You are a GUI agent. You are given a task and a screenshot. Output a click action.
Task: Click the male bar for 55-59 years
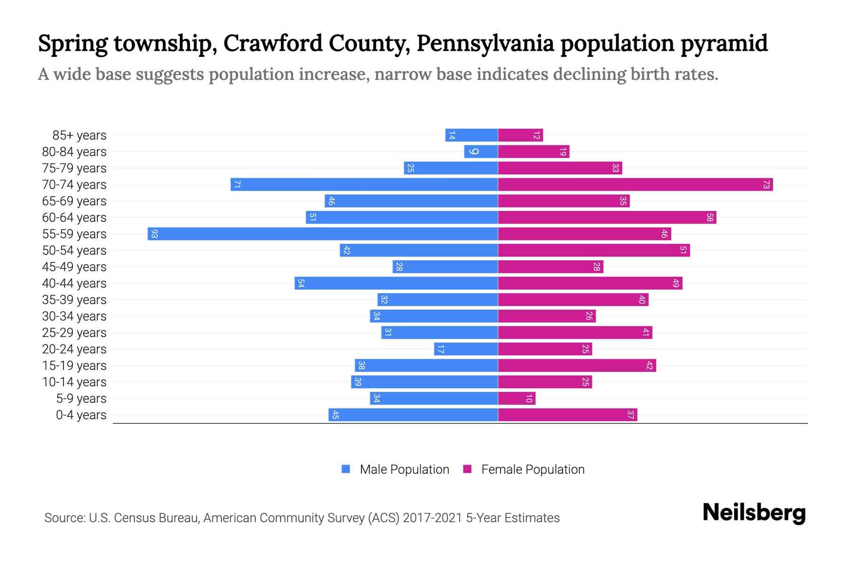322,234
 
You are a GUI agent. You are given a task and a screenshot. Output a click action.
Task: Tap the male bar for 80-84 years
481,151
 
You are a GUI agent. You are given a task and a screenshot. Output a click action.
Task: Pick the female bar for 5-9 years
516,399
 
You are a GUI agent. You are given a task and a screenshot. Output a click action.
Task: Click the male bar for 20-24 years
465,349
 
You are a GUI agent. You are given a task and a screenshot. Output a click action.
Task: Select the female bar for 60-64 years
606,217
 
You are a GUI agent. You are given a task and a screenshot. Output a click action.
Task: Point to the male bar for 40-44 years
396,283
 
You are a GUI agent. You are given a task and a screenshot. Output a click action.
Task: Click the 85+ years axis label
79,135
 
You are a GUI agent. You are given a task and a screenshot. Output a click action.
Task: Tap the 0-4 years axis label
81,415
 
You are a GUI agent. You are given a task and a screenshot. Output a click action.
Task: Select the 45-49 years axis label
74,267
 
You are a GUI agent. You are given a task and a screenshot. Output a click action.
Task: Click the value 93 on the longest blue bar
154,234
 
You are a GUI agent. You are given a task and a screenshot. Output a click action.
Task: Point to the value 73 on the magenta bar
766,185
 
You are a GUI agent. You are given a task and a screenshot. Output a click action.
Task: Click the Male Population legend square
346,469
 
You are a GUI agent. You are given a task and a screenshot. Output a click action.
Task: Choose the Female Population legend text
533,470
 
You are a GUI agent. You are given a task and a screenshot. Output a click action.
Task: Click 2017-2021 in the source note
432,518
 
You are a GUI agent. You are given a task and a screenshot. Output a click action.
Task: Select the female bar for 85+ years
520,135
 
